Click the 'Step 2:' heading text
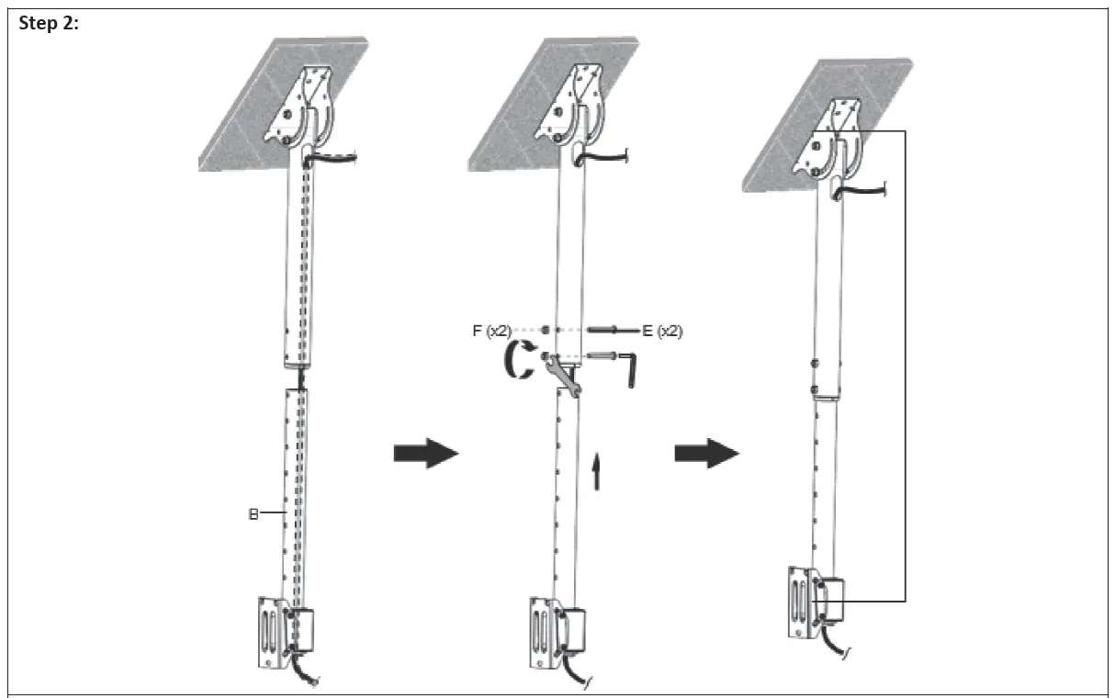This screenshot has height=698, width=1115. pos(49,24)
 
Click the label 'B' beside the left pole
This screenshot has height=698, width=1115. pos(253,514)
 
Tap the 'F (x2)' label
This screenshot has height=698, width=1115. pos(491,331)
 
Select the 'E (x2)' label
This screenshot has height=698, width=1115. pos(662,331)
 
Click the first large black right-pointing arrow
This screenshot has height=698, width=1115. pos(425,454)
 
